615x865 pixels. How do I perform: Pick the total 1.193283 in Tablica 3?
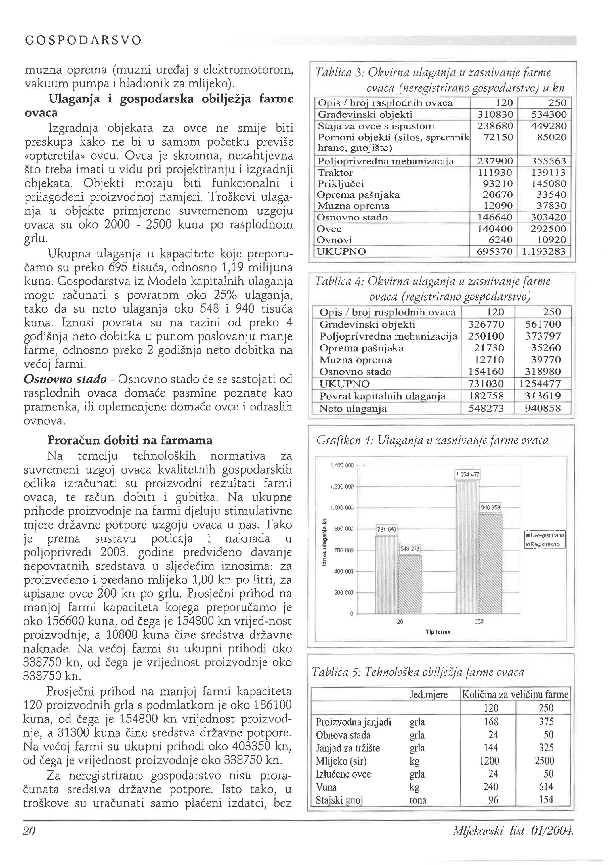tap(544, 252)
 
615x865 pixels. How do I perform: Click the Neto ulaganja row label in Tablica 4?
tap(353, 408)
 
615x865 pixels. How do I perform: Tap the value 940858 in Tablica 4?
tap(542, 408)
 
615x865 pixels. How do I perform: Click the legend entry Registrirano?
tap(545, 544)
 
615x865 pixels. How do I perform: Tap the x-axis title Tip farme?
tap(438, 632)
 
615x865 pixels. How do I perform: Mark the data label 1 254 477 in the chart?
tap(468, 475)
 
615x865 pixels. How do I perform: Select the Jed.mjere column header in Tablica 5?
tap(428, 695)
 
